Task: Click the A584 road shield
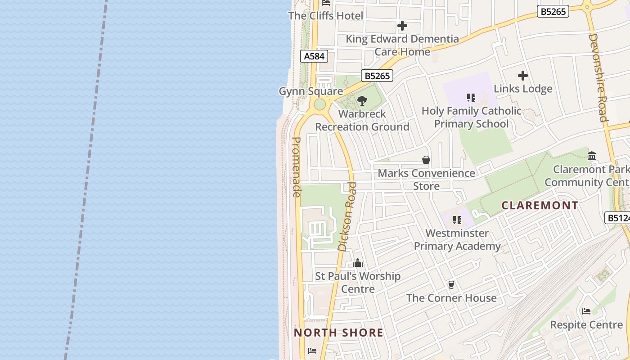pyautogui.click(x=314, y=56)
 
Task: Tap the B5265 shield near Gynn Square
pyautogui.click(x=377, y=76)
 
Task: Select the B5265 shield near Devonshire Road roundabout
pyautogui.click(x=553, y=11)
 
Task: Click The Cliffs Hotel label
pyautogui.click(x=325, y=16)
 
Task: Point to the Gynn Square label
pyautogui.click(x=311, y=91)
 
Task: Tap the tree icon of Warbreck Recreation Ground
pyautogui.click(x=362, y=101)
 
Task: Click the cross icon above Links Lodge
pyautogui.click(x=523, y=76)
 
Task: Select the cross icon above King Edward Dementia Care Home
pyautogui.click(x=402, y=26)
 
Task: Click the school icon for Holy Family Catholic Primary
pyautogui.click(x=471, y=98)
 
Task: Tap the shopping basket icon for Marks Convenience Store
pyautogui.click(x=426, y=160)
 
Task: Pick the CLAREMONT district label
pyautogui.click(x=540, y=206)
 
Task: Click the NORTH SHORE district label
pyautogui.click(x=338, y=333)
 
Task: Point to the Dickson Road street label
pyautogui.click(x=347, y=216)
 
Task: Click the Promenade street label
pyautogui.click(x=297, y=167)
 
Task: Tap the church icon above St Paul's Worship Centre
pyautogui.click(x=358, y=263)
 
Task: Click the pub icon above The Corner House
pyautogui.click(x=451, y=285)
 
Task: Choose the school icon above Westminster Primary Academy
pyautogui.click(x=457, y=220)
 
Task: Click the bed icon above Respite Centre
pyautogui.click(x=586, y=311)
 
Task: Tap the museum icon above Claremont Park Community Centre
pyautogui.click(x=592, y=156)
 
